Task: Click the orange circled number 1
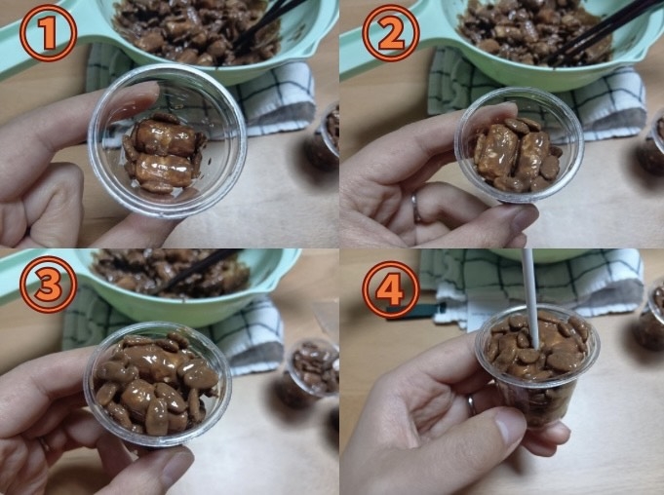click(x=48, y=33)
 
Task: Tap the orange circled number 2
click(x=391, y=33)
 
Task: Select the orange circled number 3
click(x=48, y=285)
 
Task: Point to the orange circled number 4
click(x=391, y=289)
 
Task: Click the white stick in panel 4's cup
click(x=531, y=297)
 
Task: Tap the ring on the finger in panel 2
click(x=416, y=208)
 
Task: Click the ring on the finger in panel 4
click(x=471, y=405)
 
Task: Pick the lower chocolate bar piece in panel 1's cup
click(x=165, y=171)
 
